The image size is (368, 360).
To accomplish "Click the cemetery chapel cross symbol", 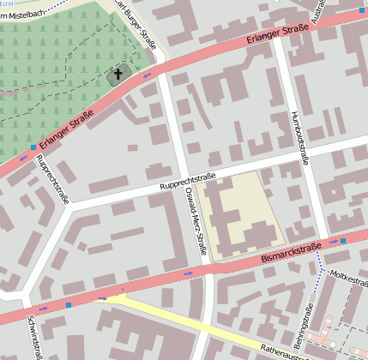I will click(x=118, y=76).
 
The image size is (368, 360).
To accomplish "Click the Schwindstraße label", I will click(x=33, y=336).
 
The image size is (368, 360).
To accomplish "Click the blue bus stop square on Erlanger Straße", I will click(x=33, y=147).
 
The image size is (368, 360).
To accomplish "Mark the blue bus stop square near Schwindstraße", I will click(x=68, y=304).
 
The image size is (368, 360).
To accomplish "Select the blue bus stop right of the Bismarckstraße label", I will click(x=343, y=241).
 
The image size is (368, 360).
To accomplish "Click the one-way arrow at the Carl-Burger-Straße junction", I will click(x=147, y=75).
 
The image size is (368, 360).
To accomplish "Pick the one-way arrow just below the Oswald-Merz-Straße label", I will click(x=188, y=273).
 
